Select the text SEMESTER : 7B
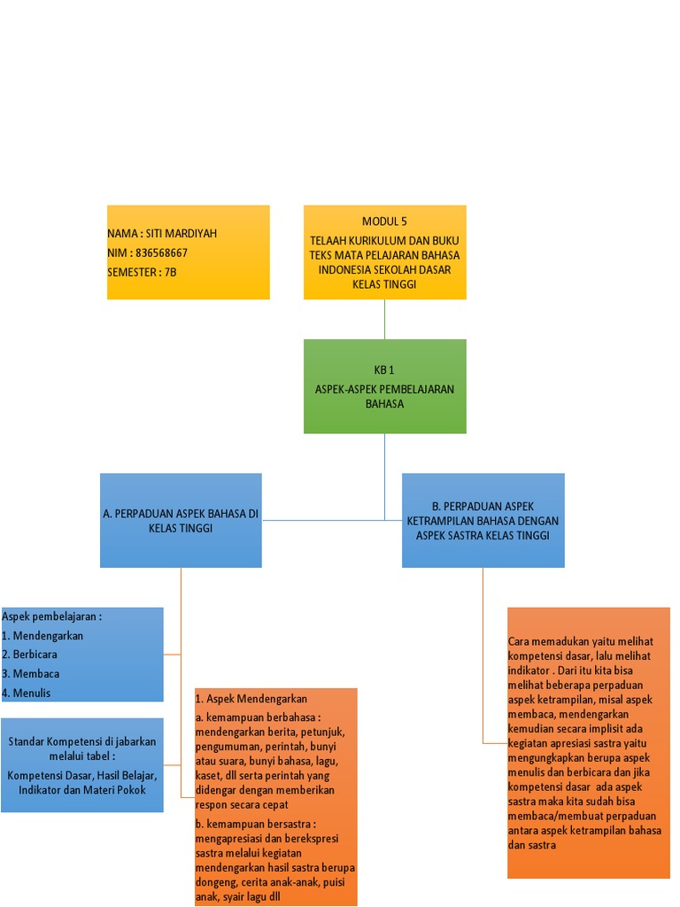[142, 272]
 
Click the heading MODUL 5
[384, 221]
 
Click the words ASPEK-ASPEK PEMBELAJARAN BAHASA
[384, 396]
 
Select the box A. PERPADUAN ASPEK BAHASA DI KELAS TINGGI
[181, 520]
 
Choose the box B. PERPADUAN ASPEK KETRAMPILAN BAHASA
[483, 520]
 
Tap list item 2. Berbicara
[35, 654]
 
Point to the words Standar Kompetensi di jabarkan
[82, 741]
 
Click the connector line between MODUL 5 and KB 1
[384, 319]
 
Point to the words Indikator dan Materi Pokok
[82, 789]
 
